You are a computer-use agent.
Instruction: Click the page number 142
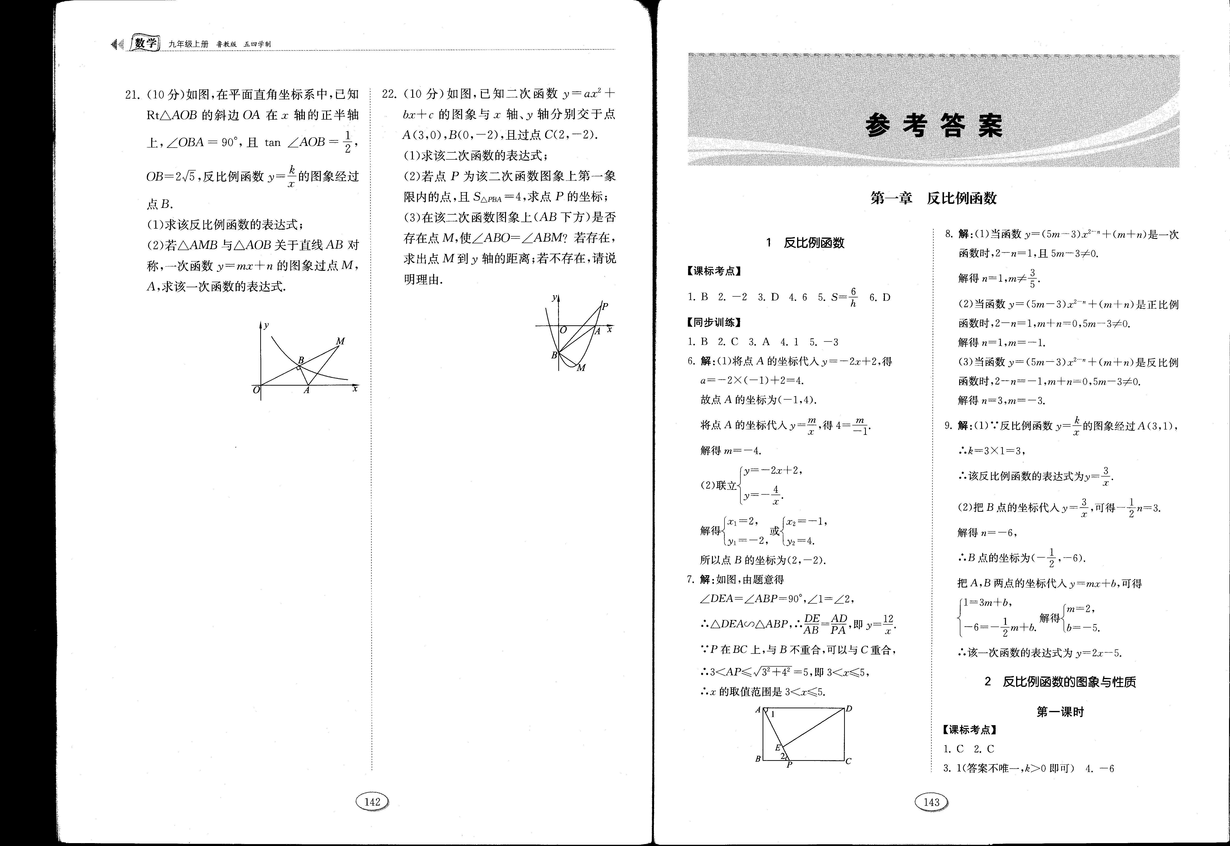coord(373,801)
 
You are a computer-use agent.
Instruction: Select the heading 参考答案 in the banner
coord(934,126)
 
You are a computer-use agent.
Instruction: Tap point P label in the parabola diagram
coord(605,306)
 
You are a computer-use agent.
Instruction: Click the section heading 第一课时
coord(1060,712)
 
